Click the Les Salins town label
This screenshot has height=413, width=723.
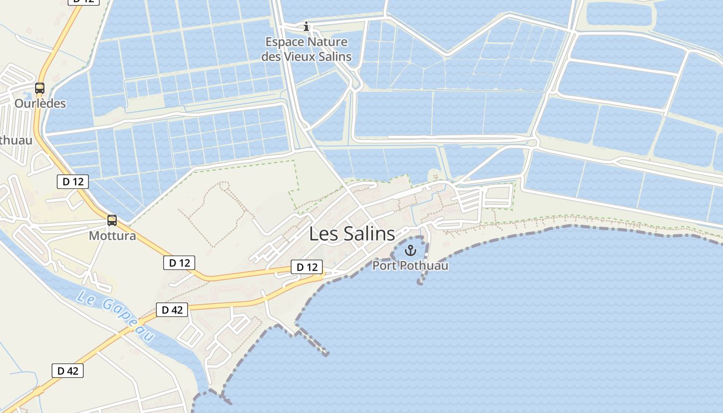352,234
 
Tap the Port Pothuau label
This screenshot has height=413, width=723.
411,266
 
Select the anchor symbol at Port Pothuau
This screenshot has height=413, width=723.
411,251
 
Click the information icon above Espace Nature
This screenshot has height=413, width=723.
306,26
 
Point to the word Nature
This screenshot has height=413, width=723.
326,42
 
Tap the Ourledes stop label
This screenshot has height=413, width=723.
40,103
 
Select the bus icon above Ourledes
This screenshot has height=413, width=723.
40,88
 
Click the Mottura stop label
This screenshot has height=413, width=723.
113,236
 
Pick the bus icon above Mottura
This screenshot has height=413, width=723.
112,220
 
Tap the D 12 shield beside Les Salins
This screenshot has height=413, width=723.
307,267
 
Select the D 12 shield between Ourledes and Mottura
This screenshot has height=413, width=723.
73,181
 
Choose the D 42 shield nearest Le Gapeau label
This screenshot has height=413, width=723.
172,310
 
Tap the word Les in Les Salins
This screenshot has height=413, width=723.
321,234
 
